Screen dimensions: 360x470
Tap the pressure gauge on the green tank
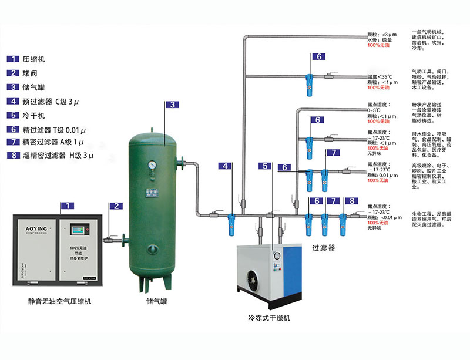point(152,165)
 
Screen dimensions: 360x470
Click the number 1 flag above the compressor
point(69,206)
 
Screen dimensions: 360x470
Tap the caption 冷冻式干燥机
point(270,318)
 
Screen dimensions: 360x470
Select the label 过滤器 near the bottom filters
point(323,248)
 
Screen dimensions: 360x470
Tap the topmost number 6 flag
point(317,57)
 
